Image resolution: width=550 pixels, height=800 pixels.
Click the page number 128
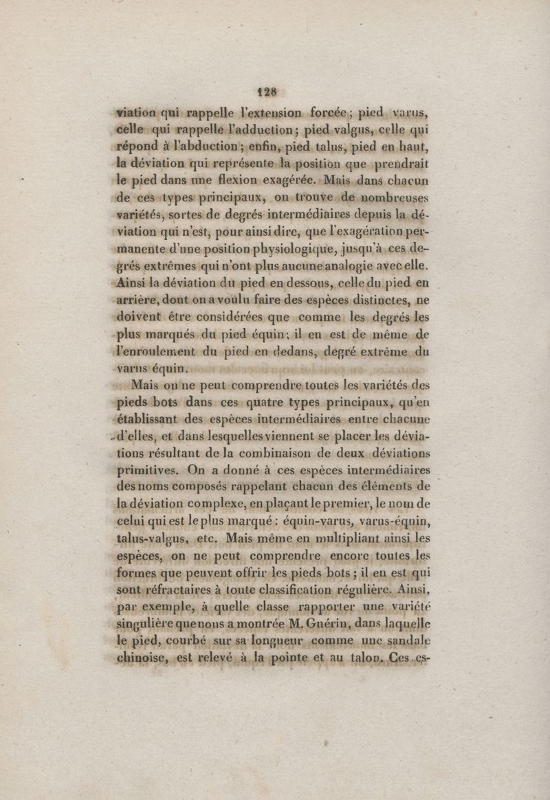266,89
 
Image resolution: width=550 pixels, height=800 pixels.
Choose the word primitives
149,471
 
